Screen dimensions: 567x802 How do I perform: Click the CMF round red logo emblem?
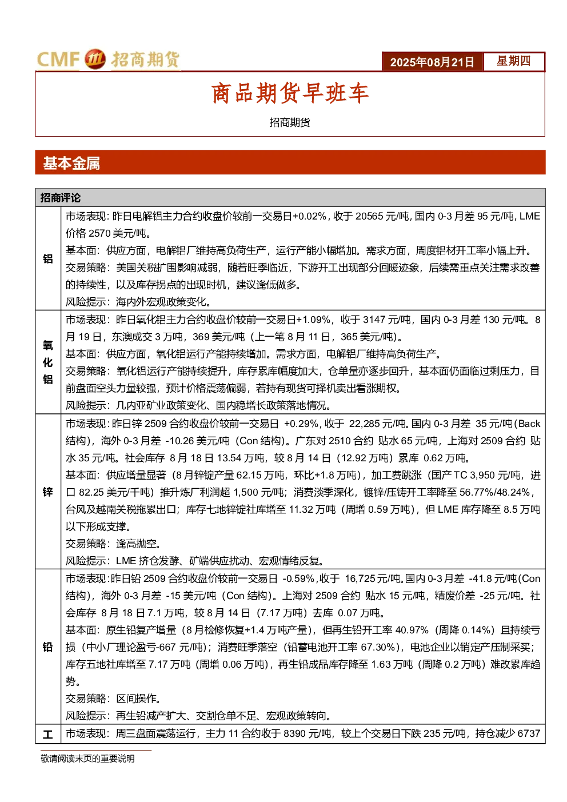[95, 59]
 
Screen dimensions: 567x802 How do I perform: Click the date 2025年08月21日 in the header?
[432, 62]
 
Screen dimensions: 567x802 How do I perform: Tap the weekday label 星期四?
[513, 61]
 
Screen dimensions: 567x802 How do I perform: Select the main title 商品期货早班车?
[290, 93]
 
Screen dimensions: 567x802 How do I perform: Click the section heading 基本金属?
[71, 163]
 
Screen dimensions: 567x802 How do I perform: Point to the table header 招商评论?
[60, 198]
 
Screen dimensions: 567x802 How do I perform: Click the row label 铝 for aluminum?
[48, 258]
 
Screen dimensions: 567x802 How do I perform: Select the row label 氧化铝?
[48, 362]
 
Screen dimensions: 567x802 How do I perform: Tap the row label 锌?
[48, 492]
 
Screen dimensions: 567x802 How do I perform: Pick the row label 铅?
[48, 647]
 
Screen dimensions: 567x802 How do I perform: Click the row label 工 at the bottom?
[48, 735]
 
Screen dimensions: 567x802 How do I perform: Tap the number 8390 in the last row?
[295, 733]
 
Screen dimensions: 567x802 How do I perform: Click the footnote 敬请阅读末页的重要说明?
[87, 759]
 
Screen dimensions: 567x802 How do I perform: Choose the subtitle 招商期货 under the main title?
[290, 122]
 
